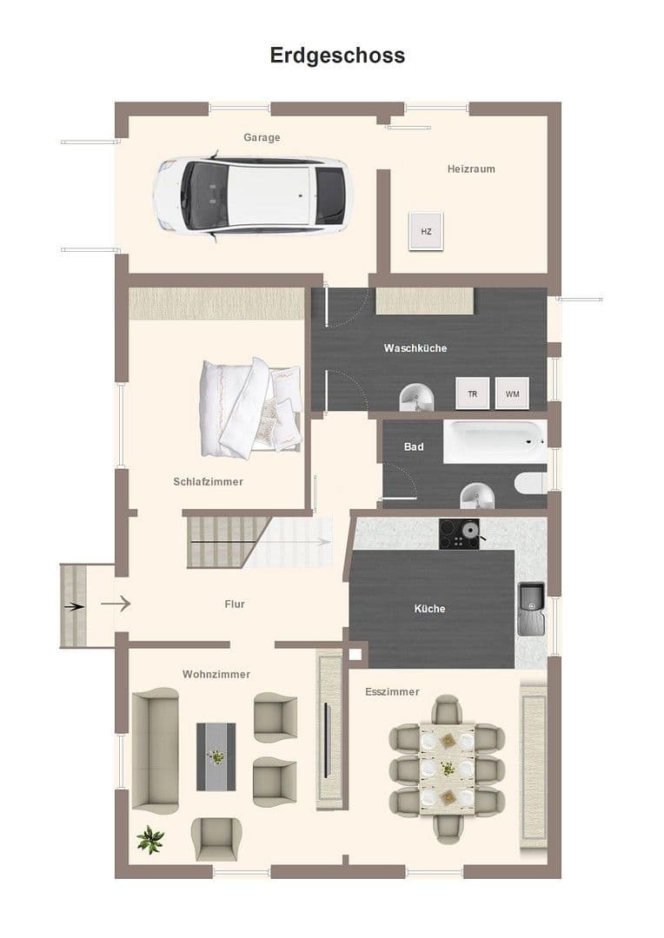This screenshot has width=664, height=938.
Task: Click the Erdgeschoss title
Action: click(x=337, y=56)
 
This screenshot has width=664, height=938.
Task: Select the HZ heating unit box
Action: click(x=426, y=231)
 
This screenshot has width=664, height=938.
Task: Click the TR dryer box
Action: click(x=473, y=393)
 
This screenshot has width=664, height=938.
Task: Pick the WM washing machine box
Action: click(x=513, y=393)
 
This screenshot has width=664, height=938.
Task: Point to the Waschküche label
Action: click(x=415, y=348)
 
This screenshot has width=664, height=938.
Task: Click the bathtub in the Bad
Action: click(x=494, y=442)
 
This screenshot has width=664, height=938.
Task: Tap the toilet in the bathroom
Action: click(x=530, y=483)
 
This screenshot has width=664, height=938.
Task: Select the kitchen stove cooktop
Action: click(x=459, y=534)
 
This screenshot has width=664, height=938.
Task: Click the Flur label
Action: click(x=234, y=604)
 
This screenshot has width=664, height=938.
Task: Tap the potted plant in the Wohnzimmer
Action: click(x=150, y=839)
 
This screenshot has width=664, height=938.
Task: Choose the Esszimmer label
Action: click(x=392, y=691)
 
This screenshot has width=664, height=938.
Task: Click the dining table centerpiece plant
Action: click(x=448, y=768)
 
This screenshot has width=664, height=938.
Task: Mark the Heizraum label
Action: click(x=471, y=168)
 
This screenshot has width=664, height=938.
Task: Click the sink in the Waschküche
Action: click(x=417, y=400)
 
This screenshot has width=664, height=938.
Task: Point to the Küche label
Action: click(x=429, y=609)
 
